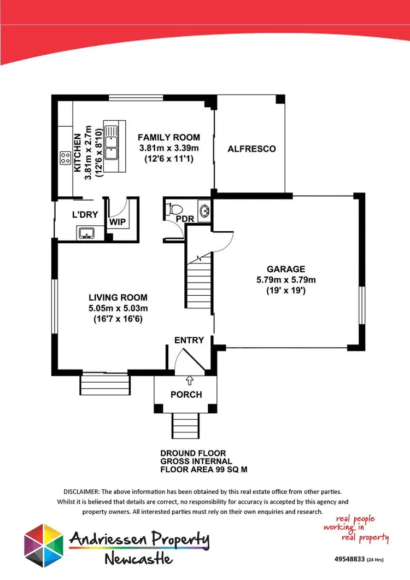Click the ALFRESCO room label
[x=251, y=149]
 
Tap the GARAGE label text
[x=286, y=269]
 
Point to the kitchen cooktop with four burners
[x=65, y=158]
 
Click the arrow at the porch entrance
[x=190, y=378]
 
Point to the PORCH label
[x=186, y=394]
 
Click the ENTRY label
[x=189, y=340]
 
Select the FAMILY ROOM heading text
[x=168, y=137]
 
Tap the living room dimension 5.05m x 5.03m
[x=118, y=308]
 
